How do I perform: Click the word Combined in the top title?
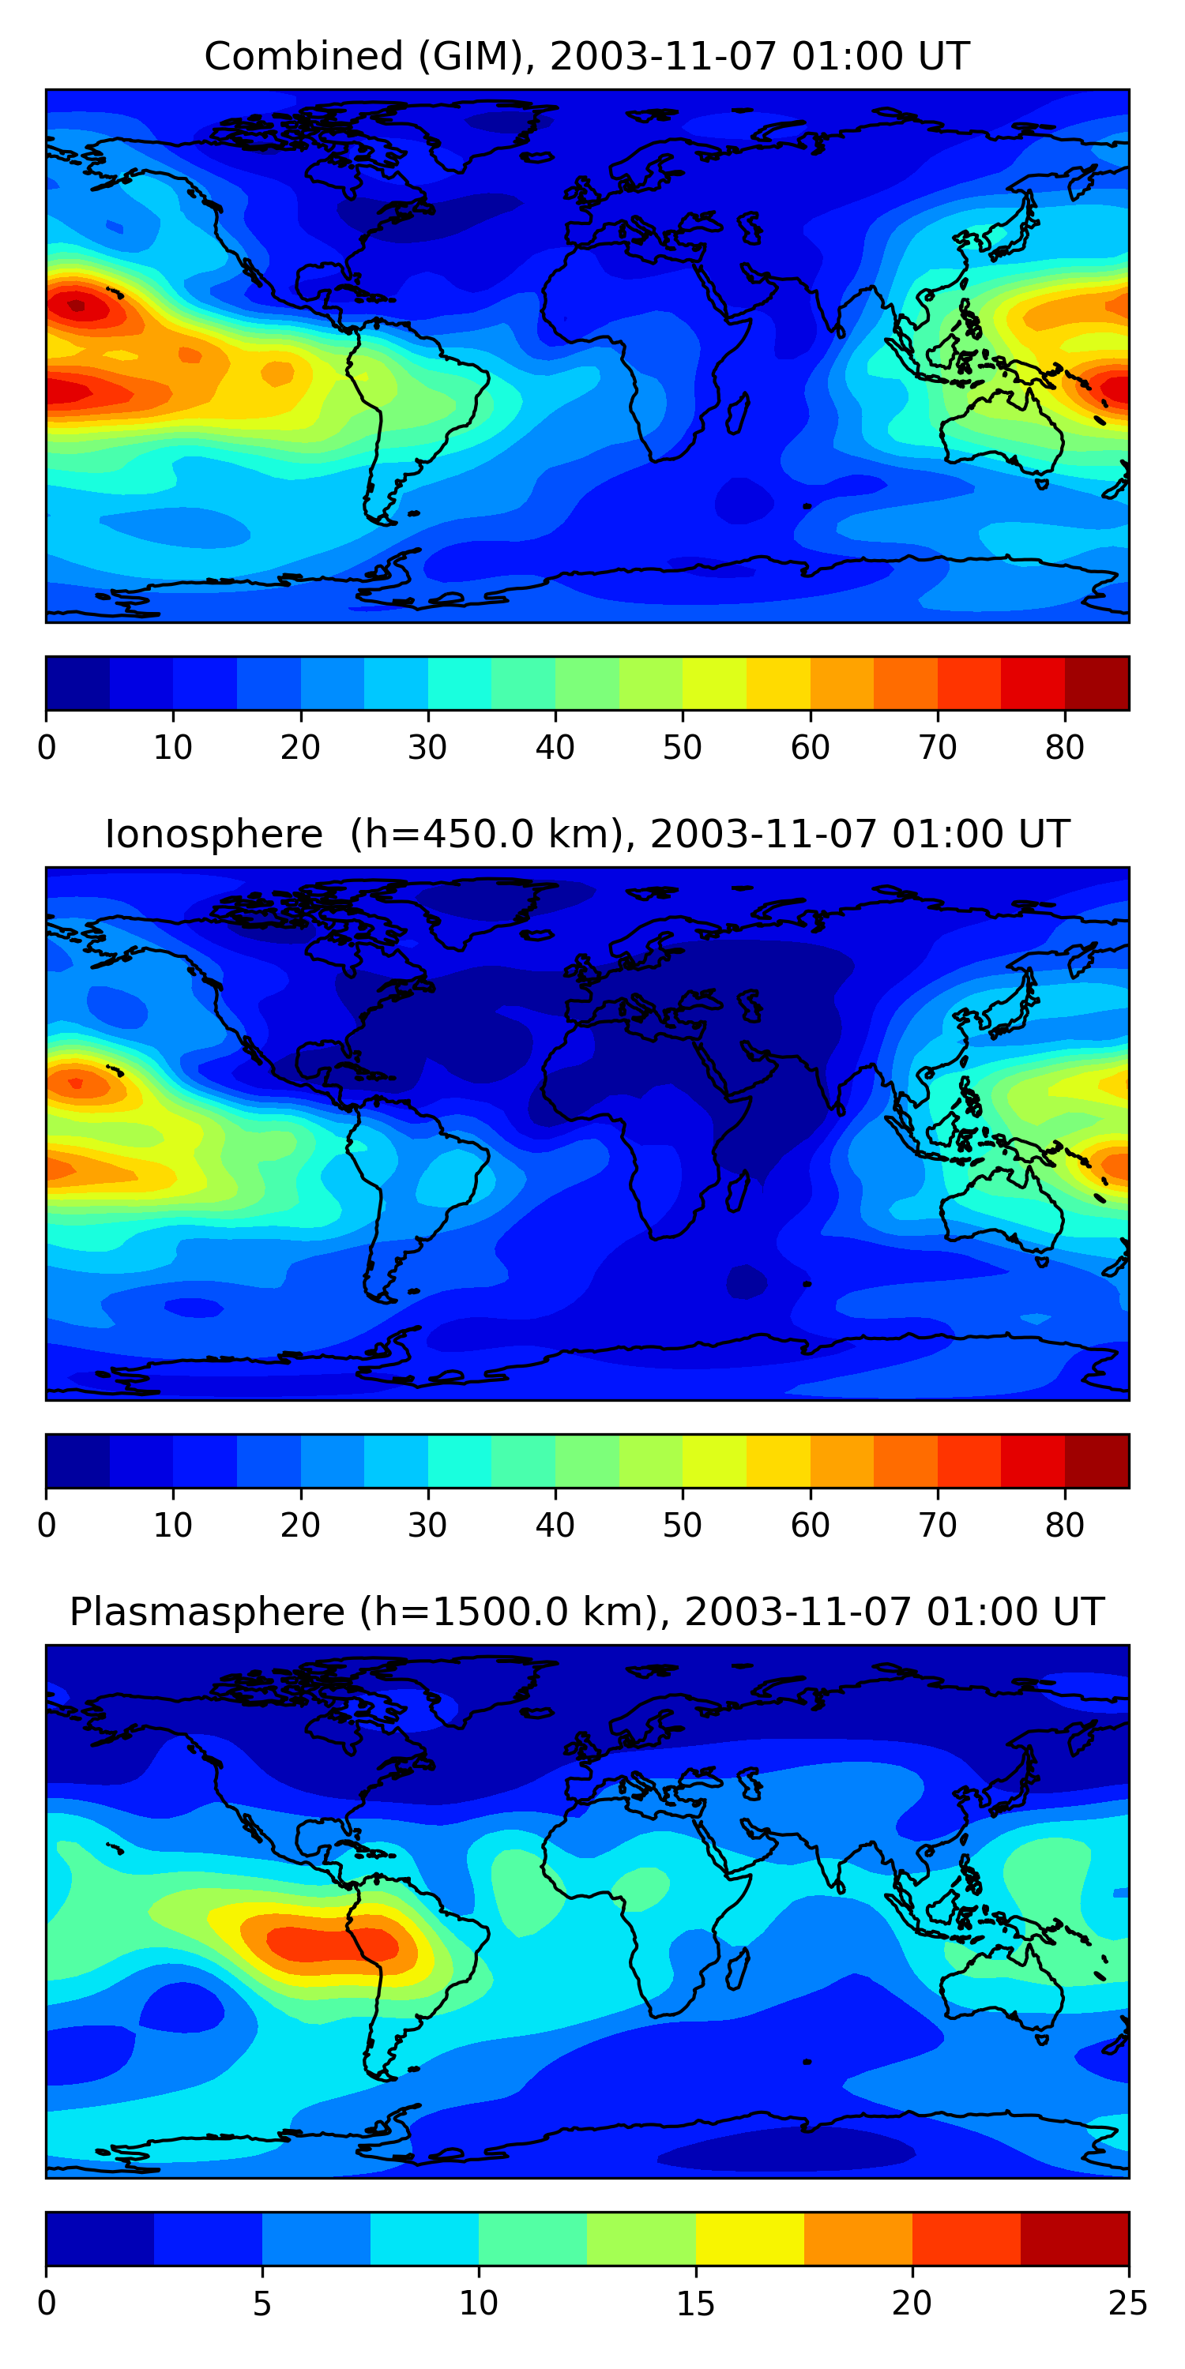point(303,56)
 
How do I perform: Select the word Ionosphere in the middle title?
point(213,834)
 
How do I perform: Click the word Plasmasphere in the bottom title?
point(206,1612)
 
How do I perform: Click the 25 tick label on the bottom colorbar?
point(1128,2303)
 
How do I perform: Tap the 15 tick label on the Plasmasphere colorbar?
point(695,2303)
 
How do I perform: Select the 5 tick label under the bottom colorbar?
point(262,2303)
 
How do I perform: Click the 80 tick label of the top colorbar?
point(1064,748)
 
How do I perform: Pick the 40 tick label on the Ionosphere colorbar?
point(555,1526)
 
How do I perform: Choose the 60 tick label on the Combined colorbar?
point(810,748)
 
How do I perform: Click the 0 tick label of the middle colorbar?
point(47,1526)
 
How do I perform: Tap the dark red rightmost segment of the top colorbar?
point(1097,683)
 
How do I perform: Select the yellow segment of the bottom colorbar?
point(750,2239)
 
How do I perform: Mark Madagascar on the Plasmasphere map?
point(737,1963)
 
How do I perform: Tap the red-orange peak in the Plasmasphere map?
point(331,1943)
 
